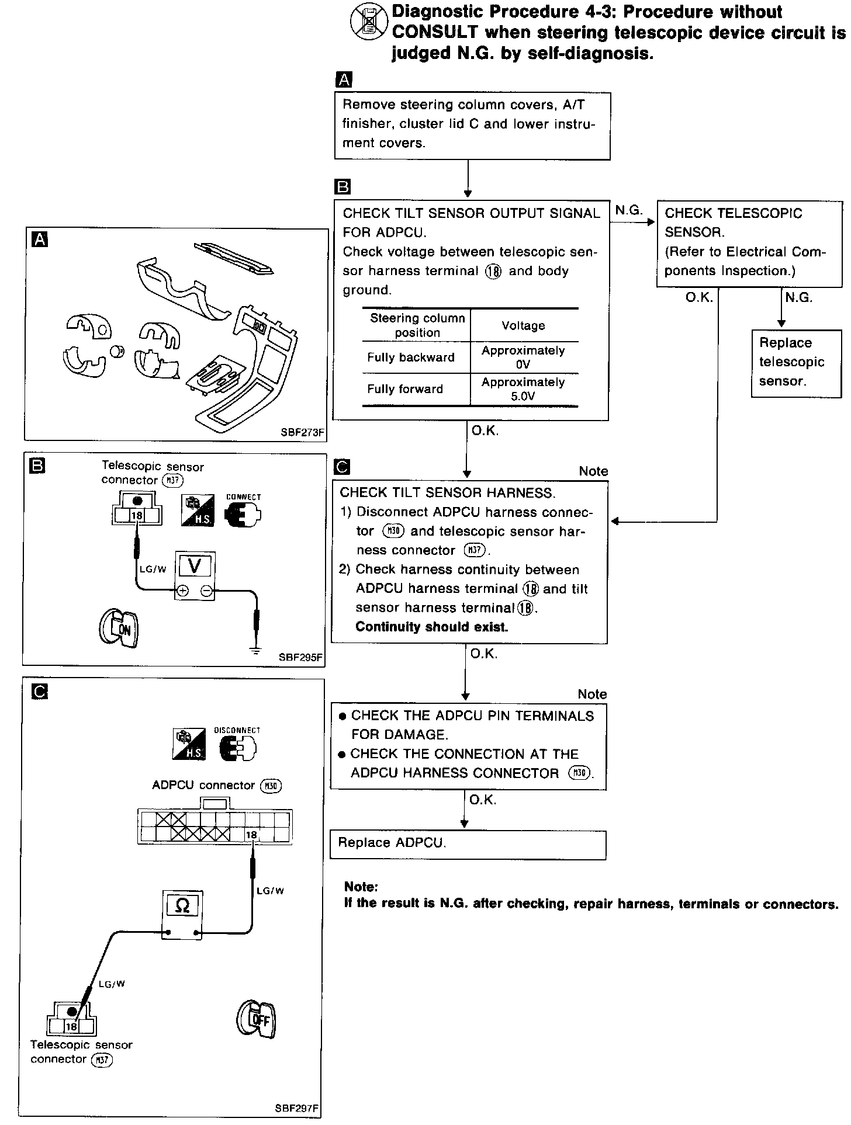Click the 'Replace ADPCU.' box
[468, 844]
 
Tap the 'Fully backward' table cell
[411, 357]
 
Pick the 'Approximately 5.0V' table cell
[523, 389]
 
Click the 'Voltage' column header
[523, 325]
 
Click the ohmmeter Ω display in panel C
[182, 906]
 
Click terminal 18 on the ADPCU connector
[251, 835]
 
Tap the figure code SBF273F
[302, 433]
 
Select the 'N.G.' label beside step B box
[629, 210]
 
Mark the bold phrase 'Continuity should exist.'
[431, 627]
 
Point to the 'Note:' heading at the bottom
[361, 887]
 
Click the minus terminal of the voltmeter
[206, 591]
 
